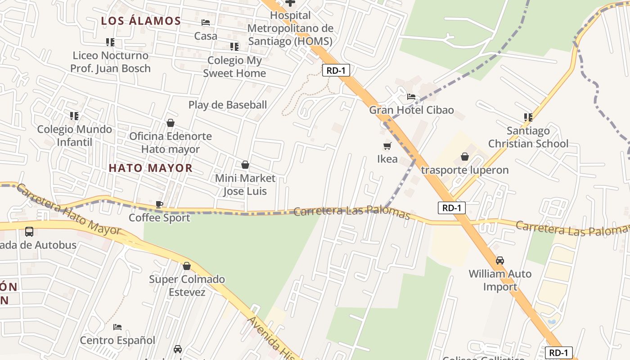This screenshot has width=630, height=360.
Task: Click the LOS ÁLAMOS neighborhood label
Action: [x=141, y=21]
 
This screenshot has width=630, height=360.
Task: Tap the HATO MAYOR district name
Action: [x=151, y=168]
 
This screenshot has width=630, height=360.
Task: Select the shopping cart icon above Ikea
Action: [x=387, y=146]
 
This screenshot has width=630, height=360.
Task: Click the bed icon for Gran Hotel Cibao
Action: [x=411, y=96]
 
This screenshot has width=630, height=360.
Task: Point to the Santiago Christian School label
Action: [x=528, y=137]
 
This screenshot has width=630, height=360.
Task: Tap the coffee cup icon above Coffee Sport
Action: [x=159, y=204]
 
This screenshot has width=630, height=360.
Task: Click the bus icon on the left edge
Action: [x=29, y=232]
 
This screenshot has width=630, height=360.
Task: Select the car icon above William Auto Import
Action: [x=500, y=261]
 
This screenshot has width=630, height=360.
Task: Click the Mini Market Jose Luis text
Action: [x=245, y=184]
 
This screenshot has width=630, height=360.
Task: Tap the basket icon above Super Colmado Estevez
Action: [x=187, y=266]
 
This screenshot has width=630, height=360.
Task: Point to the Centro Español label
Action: [x=117, y=340]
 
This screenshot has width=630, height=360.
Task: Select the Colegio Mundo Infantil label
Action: [x=75, y=135]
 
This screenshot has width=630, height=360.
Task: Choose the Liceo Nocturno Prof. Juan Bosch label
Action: [x=111, y=62]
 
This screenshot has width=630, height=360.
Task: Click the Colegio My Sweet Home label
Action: [x=234, y=67]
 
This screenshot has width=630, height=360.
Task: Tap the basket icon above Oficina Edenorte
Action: [x=171, y=123]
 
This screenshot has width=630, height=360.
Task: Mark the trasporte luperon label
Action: [x=465, y=170]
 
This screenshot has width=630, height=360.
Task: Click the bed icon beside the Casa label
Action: [x=206, y=22]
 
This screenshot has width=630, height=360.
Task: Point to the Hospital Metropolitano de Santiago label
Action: [x=290, y=28]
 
